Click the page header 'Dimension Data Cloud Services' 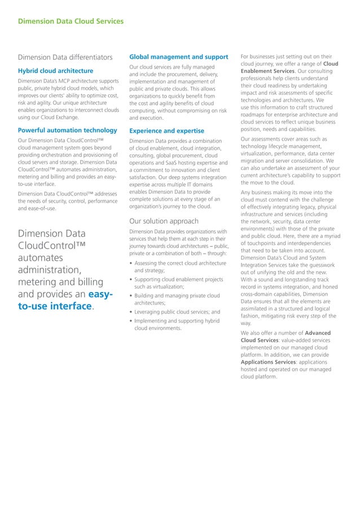tap(71, 22)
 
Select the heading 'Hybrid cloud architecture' tap(55, 71)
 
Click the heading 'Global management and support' tap(178, 57)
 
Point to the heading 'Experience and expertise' tap(166, 131)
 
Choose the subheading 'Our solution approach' tap(164, 221)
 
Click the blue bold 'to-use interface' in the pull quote tap(55, 306)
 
